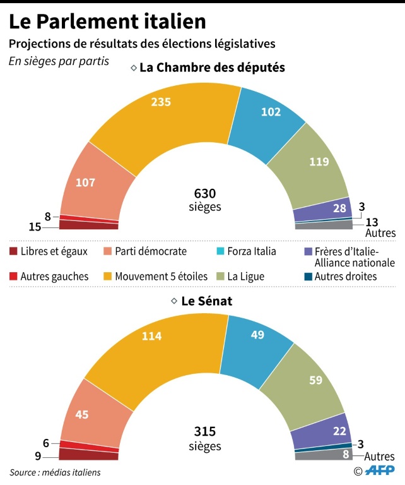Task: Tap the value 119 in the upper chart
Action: (x=319, y=162)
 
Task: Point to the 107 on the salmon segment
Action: (x=85, y=183)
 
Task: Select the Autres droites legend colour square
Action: (x=308, y=276)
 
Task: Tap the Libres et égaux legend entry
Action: (x=54, y=251)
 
